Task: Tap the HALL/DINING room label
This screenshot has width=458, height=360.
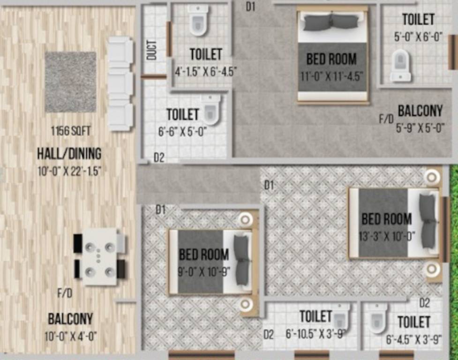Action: pyautogui.click(x=69, y=153)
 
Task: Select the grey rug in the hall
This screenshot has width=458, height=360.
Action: pyautogui.click(x=70, y=82)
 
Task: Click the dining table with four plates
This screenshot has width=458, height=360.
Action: pyautogui.click(x=99, y=257)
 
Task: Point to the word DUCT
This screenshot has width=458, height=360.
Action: pyautogui.click(x=151, y=50)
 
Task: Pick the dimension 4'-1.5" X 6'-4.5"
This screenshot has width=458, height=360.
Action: pyautogui.click(x=206, y=72)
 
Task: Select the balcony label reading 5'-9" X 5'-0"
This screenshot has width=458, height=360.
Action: pyautogui.click(x=420, y=127)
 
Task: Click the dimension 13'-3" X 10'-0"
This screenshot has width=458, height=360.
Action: pyautogui.click(x=387, y=236)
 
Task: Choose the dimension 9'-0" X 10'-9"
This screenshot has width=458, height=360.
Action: pyautogui.click(x=204, y=271)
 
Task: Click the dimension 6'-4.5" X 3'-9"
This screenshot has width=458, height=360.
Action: pyautogui.click(x=414, y=340)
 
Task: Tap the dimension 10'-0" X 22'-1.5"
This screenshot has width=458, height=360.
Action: pyautogui.click(x=69, y=172)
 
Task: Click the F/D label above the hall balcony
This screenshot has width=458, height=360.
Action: pyautogui.click(x=65, y=294)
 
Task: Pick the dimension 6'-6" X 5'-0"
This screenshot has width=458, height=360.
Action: pyautogui.click(x=182, y=132)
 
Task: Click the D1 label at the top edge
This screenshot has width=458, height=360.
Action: pyautogui.click(x=251, y=7)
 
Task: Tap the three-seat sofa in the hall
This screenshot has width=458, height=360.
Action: pyautogui.click(x=120, y=83)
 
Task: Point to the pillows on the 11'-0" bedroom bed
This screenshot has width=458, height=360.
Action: pyautogui.click(x=332, y=22)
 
